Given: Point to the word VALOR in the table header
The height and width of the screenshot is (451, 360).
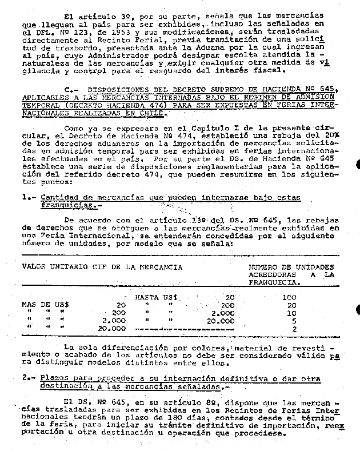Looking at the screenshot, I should coord(34,266).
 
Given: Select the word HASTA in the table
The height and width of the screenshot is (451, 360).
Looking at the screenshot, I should coord(146,297).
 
